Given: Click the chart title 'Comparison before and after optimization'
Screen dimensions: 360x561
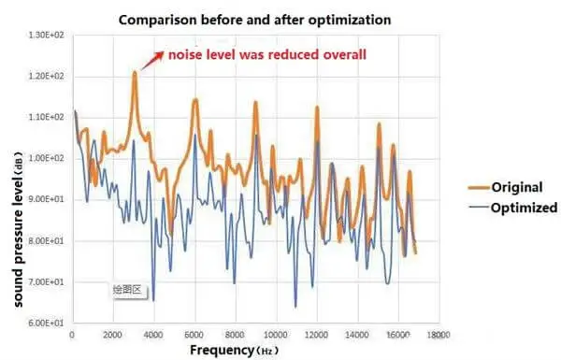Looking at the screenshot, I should click(x=254, y=20).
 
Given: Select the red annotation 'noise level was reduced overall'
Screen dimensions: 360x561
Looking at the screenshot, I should click(x=266, y=54).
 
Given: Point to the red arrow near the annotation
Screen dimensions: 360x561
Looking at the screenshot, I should click(x=150, y=61).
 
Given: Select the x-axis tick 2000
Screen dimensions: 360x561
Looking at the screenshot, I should click(x=113, y=334).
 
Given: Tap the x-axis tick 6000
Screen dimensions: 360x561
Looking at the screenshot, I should click(x=194, y=334).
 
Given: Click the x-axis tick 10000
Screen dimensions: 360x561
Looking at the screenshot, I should click(x=276, y=334).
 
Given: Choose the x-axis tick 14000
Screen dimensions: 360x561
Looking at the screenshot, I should click(x=357, y=334).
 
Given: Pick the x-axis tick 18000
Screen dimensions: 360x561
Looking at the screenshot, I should click(x=439, y=334).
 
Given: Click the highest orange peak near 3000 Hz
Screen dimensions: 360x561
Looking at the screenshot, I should click(x=135, y=72).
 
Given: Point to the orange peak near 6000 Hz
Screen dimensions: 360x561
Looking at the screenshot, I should click(x=194, y=99).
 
